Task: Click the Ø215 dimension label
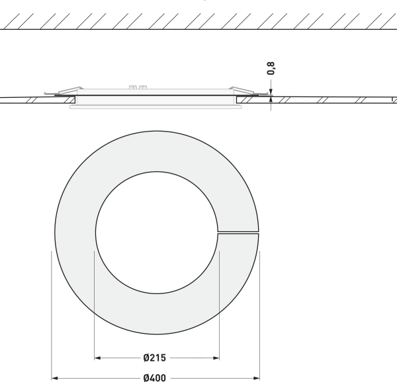154,358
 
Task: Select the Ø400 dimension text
155,377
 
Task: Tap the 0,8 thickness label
271,68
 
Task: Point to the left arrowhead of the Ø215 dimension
97,358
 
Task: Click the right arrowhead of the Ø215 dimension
216,358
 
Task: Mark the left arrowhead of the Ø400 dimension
55,378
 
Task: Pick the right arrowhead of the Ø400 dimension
257,378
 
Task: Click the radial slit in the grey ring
238,233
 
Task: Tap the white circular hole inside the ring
157,233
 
